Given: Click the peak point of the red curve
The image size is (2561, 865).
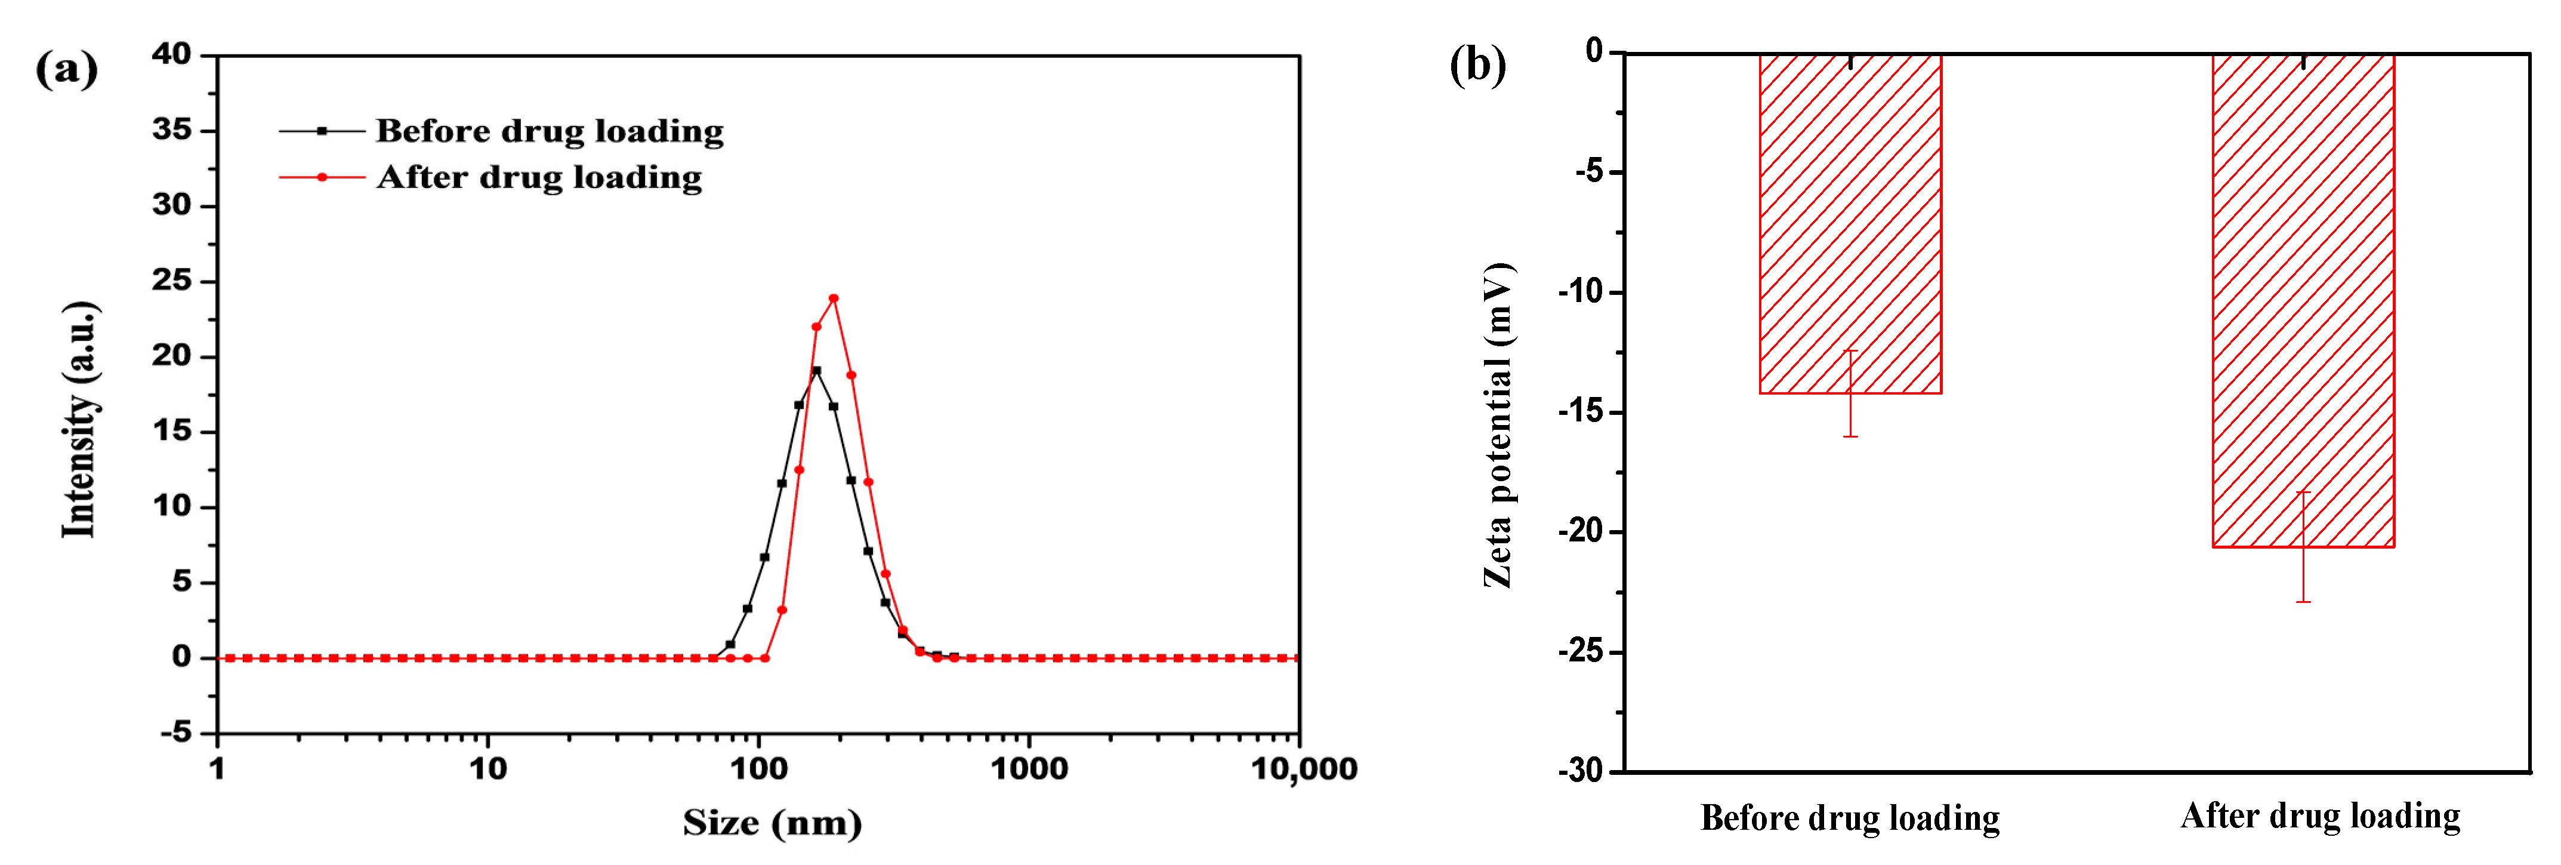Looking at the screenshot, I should pyautogui.click(x=833, y=298).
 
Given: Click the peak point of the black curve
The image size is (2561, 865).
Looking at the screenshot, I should pyautogui.click(x=816, y=371).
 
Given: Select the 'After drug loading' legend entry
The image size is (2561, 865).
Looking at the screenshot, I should pyautogui.click(x=539, y=177).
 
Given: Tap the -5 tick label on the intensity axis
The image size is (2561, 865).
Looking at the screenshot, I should pyautogui.click(x=176, y=732).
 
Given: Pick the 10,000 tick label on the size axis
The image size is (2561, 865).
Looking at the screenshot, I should pyautogui.click(x=1303, y=768).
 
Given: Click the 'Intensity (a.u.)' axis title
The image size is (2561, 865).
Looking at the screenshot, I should pyautogui.click(x=79, y=420).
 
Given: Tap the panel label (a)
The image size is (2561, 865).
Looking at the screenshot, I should pyautogui.click(x=67, y=70).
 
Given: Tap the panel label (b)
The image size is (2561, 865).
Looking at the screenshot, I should pyautogui.click(x=1477, y=66).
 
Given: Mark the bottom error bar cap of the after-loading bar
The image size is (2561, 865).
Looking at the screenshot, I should pyautogui.click(x=2303, y=602).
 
